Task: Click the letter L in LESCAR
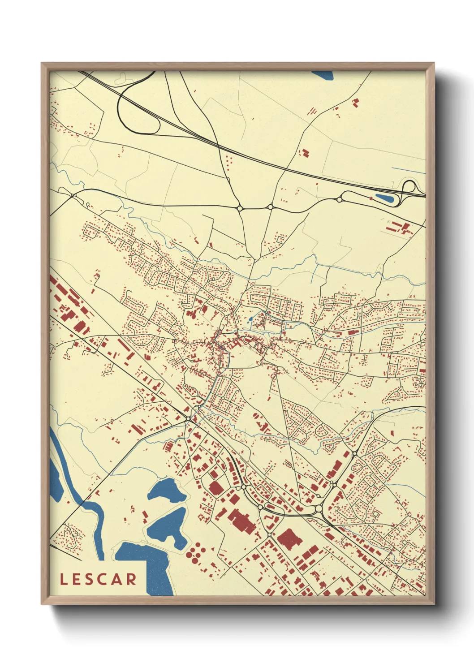coord(64,579)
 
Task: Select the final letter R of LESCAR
coord(131,579)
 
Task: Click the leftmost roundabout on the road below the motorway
coord(240,208)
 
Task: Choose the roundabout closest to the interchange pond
coord(339,199)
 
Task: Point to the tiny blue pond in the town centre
coord(249,320)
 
